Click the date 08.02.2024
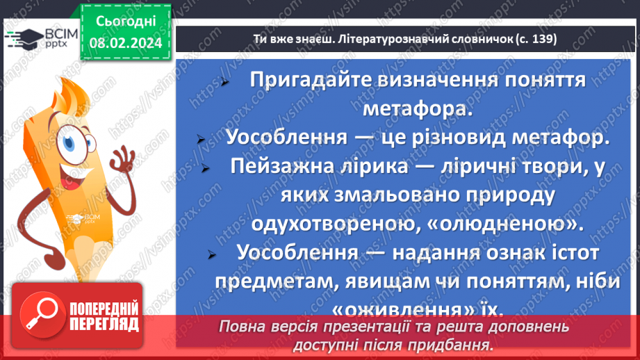[125, 43]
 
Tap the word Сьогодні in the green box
[125, 22]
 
